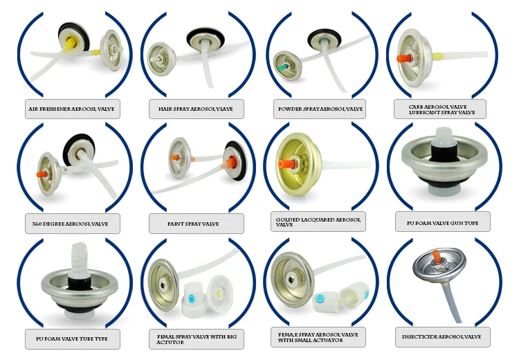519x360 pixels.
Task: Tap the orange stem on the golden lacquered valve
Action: point(284,165)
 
